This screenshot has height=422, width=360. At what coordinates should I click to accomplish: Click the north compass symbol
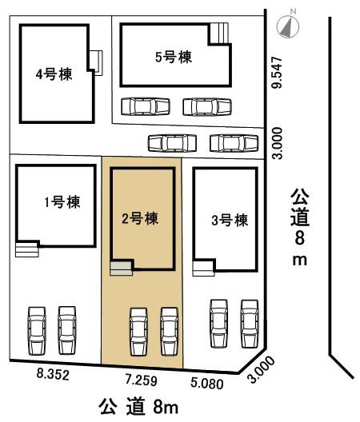286,26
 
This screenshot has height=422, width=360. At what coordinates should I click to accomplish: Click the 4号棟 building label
51,74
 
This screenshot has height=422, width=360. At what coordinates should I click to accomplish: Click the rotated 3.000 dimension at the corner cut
263,368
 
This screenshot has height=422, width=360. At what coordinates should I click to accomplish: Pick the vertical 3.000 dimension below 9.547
277,143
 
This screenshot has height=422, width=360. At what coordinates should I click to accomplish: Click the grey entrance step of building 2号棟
121,269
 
